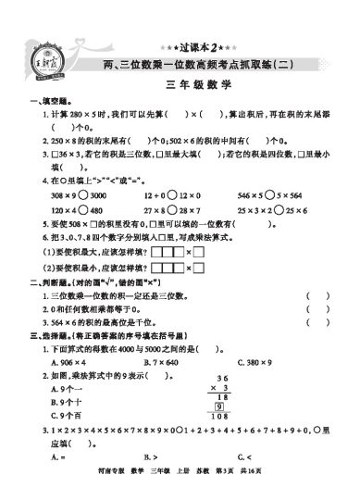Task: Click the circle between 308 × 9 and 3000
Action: pyautogui.click(x=88, y=197)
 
